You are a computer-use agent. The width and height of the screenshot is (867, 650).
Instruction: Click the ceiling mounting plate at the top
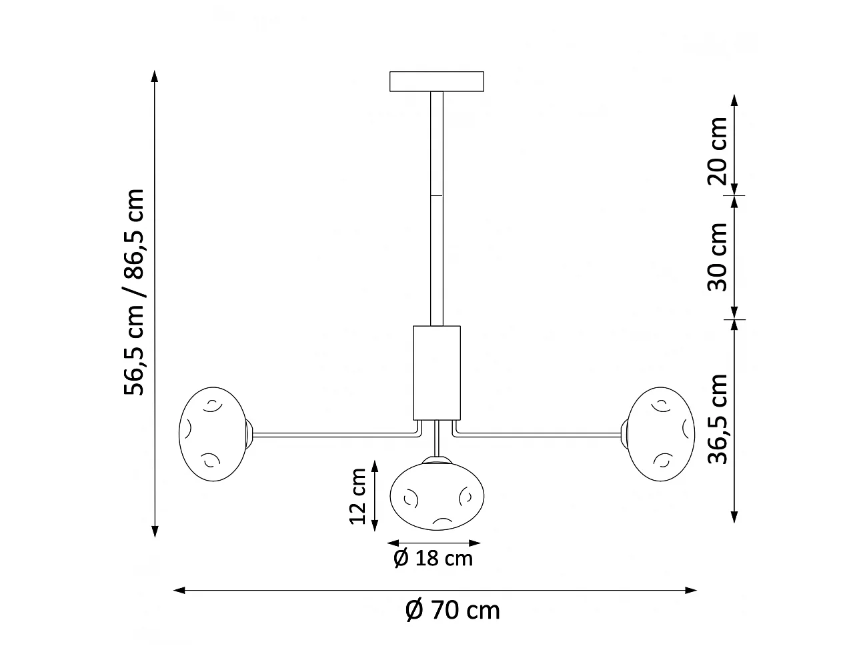point(437,81)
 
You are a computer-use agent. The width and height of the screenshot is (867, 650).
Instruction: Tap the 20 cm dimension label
point(718,151)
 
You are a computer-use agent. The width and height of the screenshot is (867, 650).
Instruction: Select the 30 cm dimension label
point(718,257)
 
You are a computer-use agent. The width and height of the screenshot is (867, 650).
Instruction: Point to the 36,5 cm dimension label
point(718,419)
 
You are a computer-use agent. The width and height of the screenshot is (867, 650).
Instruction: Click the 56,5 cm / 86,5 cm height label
point(133,292)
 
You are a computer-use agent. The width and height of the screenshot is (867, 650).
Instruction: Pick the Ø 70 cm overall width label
point(453,610)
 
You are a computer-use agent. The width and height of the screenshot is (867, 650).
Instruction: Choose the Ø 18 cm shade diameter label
point(433,558)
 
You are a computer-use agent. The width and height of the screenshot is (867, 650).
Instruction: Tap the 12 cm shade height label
point(357,495)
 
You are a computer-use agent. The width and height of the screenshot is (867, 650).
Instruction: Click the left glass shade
point(212,433)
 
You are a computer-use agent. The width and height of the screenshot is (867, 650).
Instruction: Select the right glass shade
point(661,433)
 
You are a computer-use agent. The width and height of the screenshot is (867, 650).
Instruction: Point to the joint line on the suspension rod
point(437,195)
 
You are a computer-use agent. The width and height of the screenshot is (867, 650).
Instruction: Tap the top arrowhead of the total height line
point(155,75)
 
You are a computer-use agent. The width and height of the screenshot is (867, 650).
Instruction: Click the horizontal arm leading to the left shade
point(333,435)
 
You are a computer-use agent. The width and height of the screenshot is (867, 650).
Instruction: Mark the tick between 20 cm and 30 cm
point(734,195)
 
